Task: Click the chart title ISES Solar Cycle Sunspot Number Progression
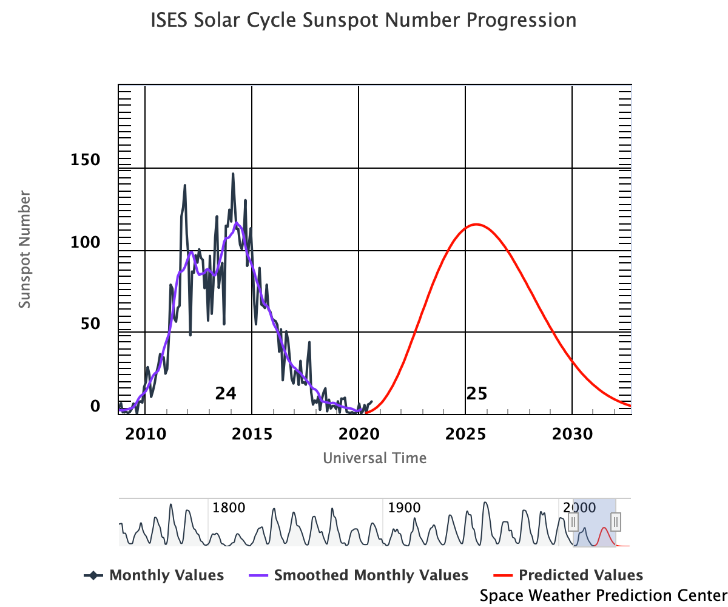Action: pyautogui.click(x=363, y=21)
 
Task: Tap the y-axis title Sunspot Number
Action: pyautogui.click(x=24, y=249)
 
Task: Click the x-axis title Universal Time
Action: pyautogui.click(x=374, y=458)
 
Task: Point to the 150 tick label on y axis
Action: pyautogui.click(x=86, y=160)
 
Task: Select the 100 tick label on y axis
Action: pyautogui.click(x=86, y=242)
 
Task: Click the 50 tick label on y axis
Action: pyautogui.click(x=90, y=324)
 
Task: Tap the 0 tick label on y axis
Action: pyautogui.click(x=95, y=405)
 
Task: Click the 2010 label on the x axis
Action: pyautogui.click(x=145, y=434)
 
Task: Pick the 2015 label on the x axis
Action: pyautogui.click(x=252, y=434)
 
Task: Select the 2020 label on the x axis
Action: pyautogui.click(x=359, y=434)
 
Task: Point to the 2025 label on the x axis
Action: pyautogui.click(x=465, y=434)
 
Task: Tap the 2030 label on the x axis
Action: pyautogui.click(x=572, y=434)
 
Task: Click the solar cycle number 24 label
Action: pyautogui.click(x=225, y=394)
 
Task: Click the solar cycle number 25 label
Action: pyautogui.click(x=477, y=394)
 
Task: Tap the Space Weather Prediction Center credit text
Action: pyautogui.click(x=603, y=595)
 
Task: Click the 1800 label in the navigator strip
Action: pyautogui.click(x=229, y=507)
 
